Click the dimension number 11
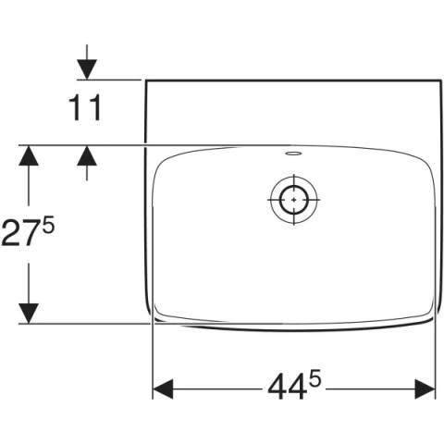click(85, 107)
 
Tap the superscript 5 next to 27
click(48, 225)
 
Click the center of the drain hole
click(293, 200)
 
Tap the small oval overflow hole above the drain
click(293, 153)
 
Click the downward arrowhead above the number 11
click(87, 69)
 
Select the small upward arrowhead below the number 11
click(87, 155)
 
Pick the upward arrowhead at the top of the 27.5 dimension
click(29, 155)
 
